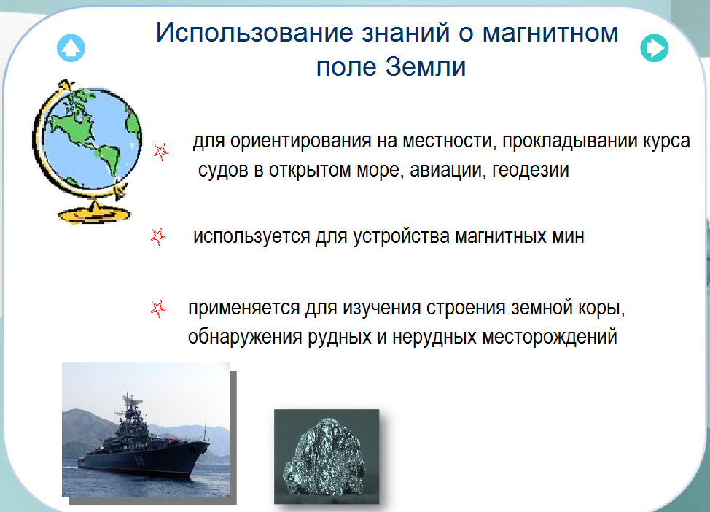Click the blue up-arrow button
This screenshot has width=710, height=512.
point(71,48)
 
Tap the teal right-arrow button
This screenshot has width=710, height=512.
point(655,48)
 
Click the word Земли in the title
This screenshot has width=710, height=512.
point(426,67)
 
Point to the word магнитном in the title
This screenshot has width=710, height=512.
point(550,33)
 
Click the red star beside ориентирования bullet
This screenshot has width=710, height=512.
point(161,152)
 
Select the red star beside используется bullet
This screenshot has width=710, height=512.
point(158,236)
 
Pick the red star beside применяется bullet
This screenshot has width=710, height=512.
point(158,309)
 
